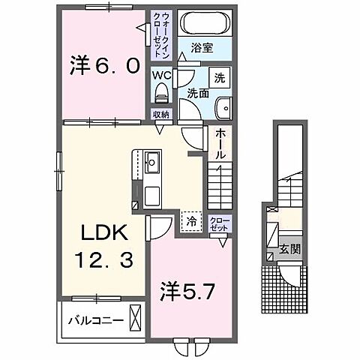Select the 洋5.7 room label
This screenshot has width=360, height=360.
point(190,290)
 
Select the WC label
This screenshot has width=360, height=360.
point(161,76)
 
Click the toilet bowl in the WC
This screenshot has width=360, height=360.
point(161,93)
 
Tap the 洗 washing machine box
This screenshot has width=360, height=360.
point(220,77)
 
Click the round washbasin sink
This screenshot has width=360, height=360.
point(222,108)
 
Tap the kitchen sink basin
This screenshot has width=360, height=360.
point(151,160)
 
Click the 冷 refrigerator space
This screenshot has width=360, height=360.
point(190,221)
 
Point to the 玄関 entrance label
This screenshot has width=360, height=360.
point(289,249)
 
